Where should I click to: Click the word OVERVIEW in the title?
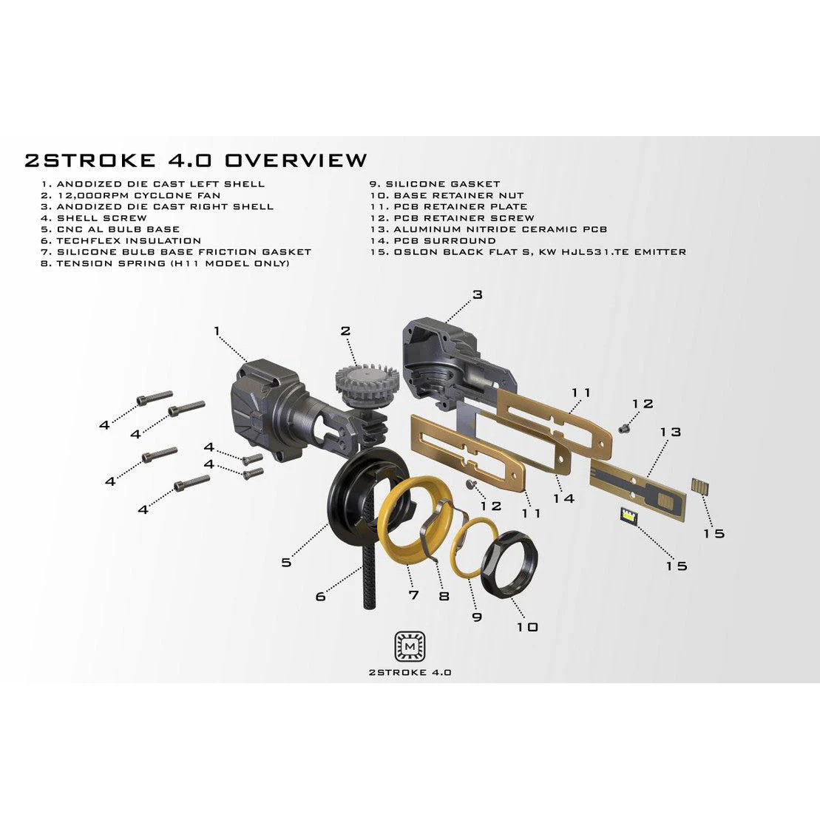[296, 160]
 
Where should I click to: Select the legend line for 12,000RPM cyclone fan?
[131, 196]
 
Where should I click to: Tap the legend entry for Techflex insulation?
[121, 240]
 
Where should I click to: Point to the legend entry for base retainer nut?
[447, 196]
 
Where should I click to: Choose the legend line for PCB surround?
[433, 240]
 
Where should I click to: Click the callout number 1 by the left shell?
[217, 331]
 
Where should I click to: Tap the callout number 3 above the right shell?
[478, 294]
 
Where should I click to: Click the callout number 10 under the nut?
[527, 626]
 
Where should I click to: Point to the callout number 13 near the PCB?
[671, 432]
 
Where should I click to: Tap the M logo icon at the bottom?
[410, 647]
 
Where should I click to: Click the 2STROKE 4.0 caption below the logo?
[410, 673]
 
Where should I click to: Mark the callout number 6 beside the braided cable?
[321, 596]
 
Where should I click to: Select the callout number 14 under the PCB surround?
[563, 498]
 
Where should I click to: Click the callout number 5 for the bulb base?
[286, 562]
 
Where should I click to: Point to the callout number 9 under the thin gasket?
[477, 617]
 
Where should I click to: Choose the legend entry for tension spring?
[165, 263]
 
